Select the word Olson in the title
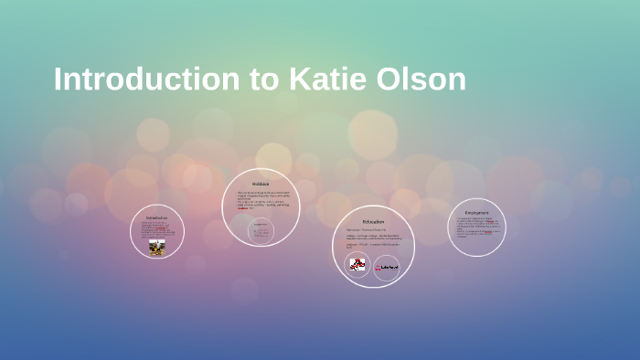click(421, 79)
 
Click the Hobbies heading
click(261, 184)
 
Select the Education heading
click(373, 221)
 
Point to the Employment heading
click(477, 213)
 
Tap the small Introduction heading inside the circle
click(157, 217)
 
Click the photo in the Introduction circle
click(157, 248)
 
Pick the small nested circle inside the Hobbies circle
click(261, 231)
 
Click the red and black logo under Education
click(357, 266)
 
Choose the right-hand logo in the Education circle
click(386, 267)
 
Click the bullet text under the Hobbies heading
click(261, 199)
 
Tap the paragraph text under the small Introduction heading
click(156, 229)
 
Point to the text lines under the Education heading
click(373, 239)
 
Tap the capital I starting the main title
click(58, 79)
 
